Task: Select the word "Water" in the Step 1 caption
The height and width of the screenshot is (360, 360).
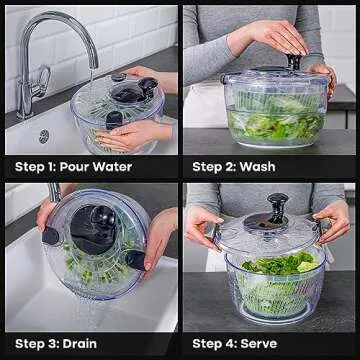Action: pyautogui.click(x=137, y=166)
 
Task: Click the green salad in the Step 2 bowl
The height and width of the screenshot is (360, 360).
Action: pyautogui.click(x=270, y=125)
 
